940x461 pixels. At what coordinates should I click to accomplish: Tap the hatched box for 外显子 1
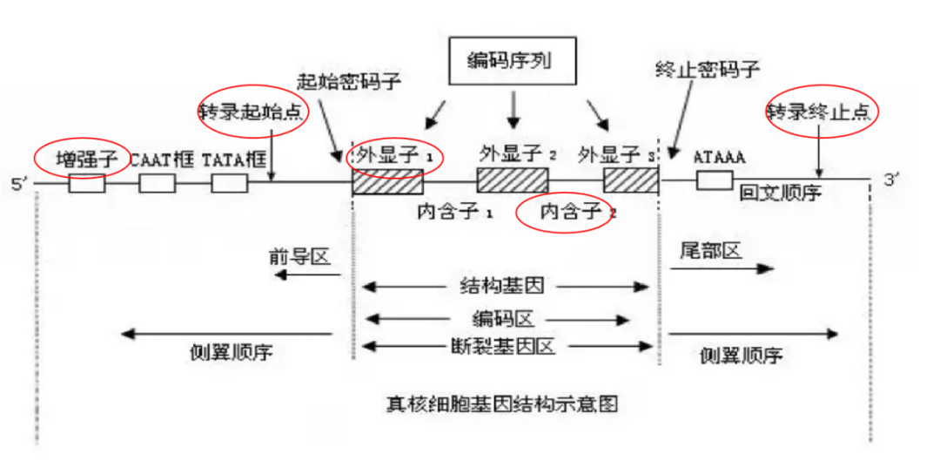pyautogui.click(x=387, y=181)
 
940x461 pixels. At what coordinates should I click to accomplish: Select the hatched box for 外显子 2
pyautogui.click(x=513, y=180)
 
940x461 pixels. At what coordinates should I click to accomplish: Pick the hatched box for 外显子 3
pyautogui.click(x=631, y=181)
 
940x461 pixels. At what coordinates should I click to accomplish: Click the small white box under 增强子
pyautogui.click(x=86, y=183)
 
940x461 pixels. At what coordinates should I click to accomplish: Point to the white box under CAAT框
pyautogui.click(x=157, y=183)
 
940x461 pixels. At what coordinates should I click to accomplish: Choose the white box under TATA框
pyautogui.click(x=229, y=183)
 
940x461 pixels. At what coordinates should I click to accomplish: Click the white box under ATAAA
pyautogui.click(x=714, y=180)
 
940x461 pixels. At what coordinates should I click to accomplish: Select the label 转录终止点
pyautogui.click(x=821, y=111)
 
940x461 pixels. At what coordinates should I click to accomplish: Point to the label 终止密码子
pyautogui.click(x=706, y=71)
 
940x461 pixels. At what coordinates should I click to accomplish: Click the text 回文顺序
pyautogui.click(x=780, y=193)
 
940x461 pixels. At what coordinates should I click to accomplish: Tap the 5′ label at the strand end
pyautogui.click(x=19, y=184)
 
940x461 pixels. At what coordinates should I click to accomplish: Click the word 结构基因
pyautogui.click(x=507, y=286)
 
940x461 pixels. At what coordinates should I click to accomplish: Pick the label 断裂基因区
pyautogui.click(x=508, y=346)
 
